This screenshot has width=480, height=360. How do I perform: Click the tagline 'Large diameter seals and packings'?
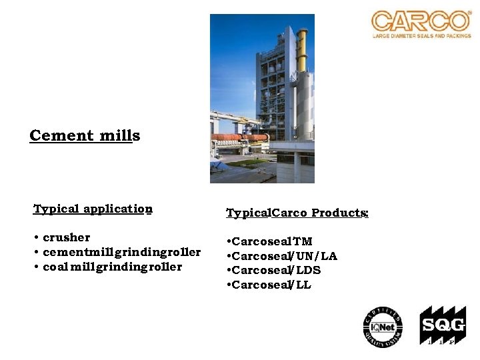coord(421,35)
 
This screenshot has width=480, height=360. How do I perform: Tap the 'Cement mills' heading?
coord(85,136)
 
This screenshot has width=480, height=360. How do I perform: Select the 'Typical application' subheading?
coord(93,209)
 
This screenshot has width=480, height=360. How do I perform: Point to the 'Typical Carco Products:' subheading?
coord(297,213)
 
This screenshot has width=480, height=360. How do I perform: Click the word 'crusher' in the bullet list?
coord(67,237)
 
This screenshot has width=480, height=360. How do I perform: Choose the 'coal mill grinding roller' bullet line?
coord(112,267)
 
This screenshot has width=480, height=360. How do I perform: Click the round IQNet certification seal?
coord(383,327)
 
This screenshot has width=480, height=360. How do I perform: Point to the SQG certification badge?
coord(441,325)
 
